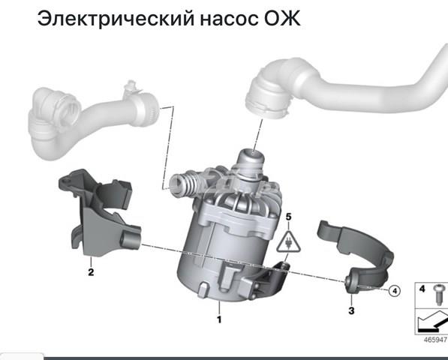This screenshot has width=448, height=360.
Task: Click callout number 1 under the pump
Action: (219, 319)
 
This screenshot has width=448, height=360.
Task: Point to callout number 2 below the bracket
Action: (91, 272)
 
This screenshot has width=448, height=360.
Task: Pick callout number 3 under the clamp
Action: (351, 309)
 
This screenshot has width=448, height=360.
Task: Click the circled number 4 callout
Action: (393, 291)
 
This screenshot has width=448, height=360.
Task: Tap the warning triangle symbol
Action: (287, 241)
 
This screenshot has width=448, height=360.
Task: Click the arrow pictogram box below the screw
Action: (431, 325)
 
